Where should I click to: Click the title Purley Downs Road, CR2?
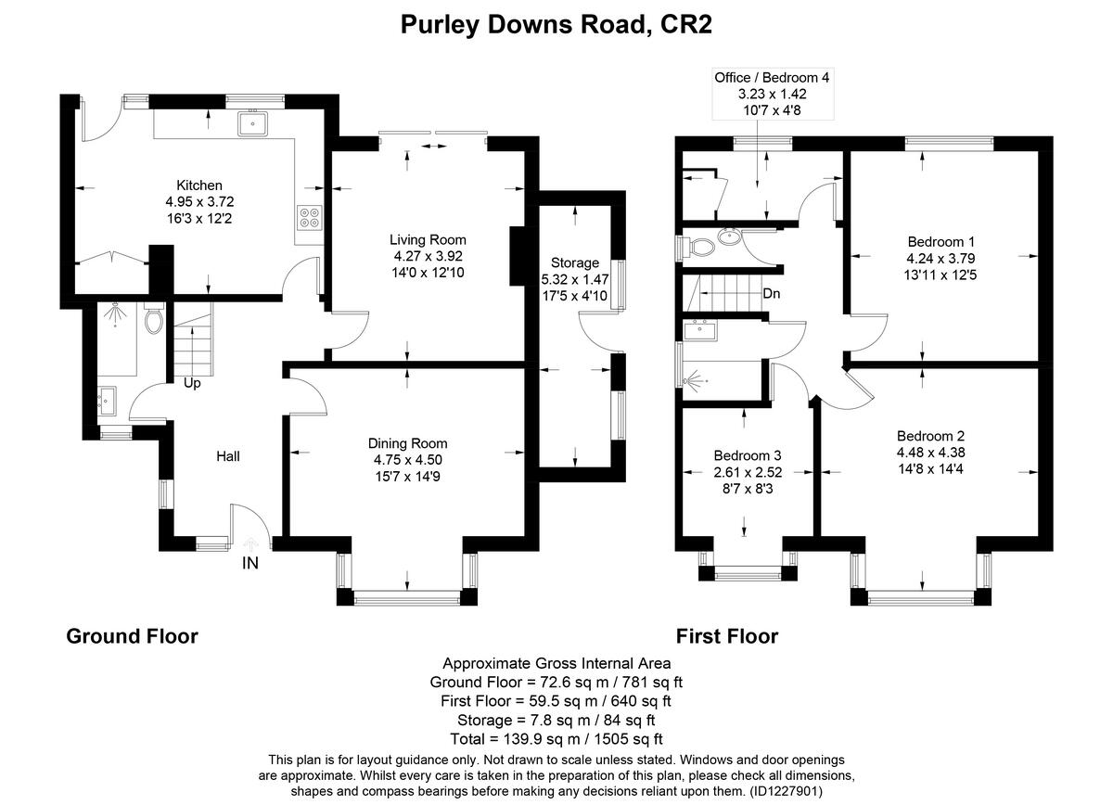click(x=556, y=24)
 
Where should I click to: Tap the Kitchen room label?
click(x=199, y=185)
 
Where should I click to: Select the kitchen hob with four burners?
click(x=309, y=216)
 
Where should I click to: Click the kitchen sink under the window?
click(x=252, y=122)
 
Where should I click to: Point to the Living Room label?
click(x=428, y=240)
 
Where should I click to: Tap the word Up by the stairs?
click(x=192, y=382)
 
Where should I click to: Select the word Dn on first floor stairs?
click(x=771, y=294)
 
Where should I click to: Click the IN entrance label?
click(x=250, y=563)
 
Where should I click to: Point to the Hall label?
click(x=228, y=456)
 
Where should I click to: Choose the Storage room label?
click(x=575, y=262)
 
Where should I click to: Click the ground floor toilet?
click(x=155, y=320)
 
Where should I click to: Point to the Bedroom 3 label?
click(x=747, y=455)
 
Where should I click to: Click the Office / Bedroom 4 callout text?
click(x=772, y=78)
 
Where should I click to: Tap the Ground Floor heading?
click(x=132, y=636)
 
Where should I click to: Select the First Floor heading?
click(x=726, y=636)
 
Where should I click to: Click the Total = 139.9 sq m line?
click(x=556, y=739)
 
